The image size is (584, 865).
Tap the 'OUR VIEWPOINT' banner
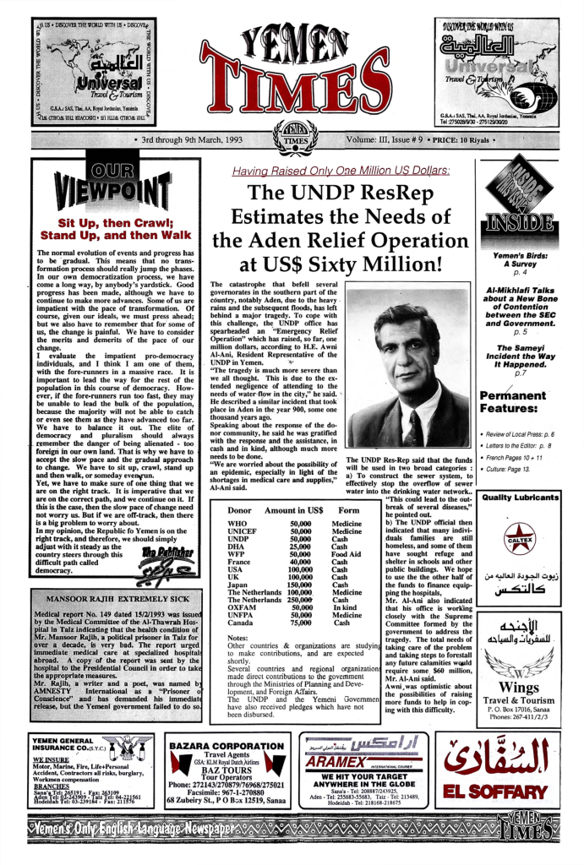(x=115, y=185)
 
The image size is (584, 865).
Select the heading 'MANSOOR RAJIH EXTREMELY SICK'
(x=117, y=600)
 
